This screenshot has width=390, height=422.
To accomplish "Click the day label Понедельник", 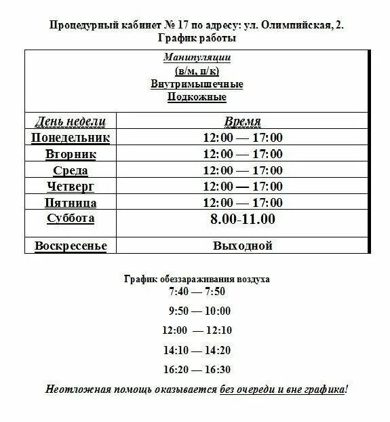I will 71,138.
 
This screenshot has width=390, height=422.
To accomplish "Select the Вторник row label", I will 71,154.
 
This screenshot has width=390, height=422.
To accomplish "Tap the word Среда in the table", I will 71,170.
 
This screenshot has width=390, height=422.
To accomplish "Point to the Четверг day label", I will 71,186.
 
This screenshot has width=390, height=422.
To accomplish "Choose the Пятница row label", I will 71,202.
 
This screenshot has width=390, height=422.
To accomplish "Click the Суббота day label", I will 71,218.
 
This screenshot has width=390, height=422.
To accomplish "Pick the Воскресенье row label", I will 71,245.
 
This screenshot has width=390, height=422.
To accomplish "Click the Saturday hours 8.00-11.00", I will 242,219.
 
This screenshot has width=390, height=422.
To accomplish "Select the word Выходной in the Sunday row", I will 242,245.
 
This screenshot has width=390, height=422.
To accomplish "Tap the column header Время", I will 242,121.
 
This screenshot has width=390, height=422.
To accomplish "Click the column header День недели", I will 71,121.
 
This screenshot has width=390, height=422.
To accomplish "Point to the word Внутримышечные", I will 197,84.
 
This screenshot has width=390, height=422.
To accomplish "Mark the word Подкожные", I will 197,97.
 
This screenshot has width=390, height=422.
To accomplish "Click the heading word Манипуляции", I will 197,58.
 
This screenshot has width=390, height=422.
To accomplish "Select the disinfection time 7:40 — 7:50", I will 197,292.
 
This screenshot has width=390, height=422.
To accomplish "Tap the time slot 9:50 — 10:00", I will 200,311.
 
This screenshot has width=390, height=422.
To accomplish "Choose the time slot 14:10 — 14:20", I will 197,350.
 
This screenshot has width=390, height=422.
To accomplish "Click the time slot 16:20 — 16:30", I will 197,370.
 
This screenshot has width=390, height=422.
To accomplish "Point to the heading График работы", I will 197,38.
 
